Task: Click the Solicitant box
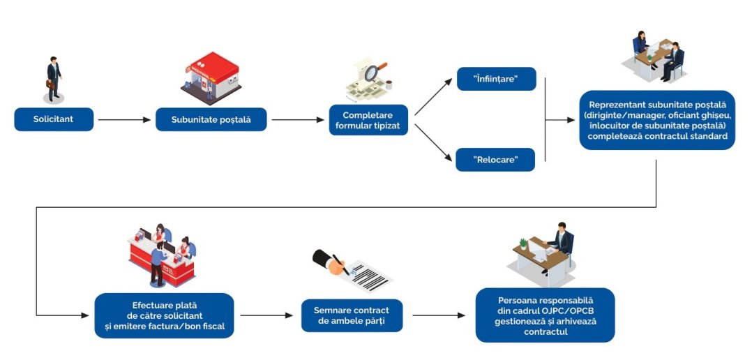tap(54, 119)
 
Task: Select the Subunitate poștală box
tap(210, 119)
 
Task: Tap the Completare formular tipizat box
tap(368, 119)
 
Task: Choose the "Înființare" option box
tap(495, 79)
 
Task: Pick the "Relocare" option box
tap(495, 160)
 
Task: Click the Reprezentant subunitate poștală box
tap(656, 120)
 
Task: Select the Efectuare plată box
tap(165, 315)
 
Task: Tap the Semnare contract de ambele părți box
tap(352, 315)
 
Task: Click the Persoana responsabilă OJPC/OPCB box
tap(545, 315)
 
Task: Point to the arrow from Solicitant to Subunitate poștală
tap(124, 120)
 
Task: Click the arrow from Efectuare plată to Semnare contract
tap(266, 315)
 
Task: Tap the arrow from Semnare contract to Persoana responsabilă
tap(439, 315)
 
